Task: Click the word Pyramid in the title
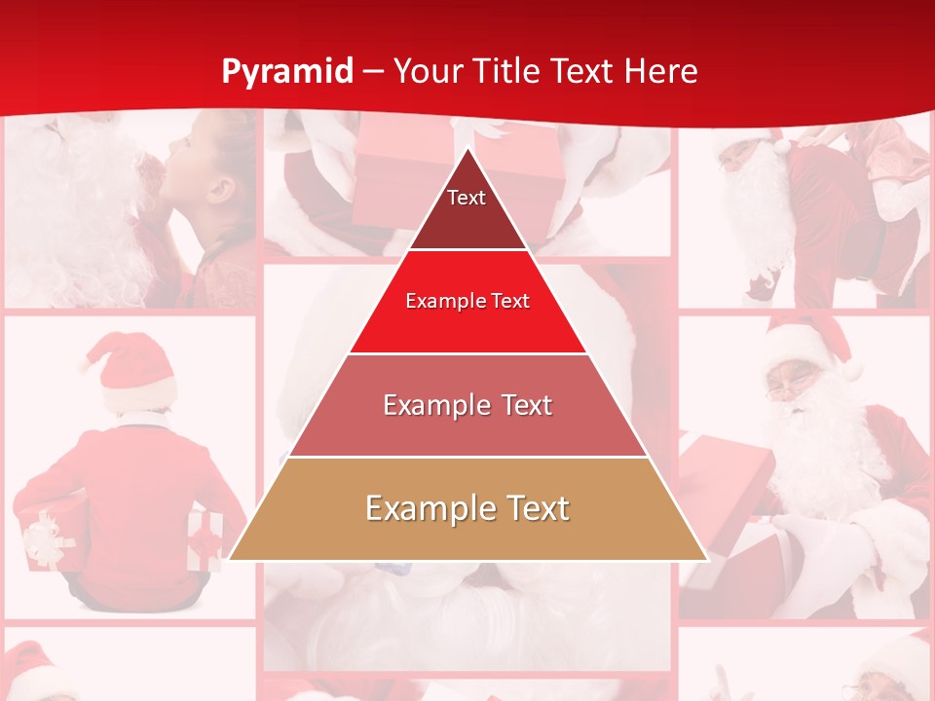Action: pos(287,72)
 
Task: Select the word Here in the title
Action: pos(661,72)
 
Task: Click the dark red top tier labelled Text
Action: pos(467,209)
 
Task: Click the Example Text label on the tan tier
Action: pos(467,508)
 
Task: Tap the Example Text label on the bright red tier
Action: pos(467,301)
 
